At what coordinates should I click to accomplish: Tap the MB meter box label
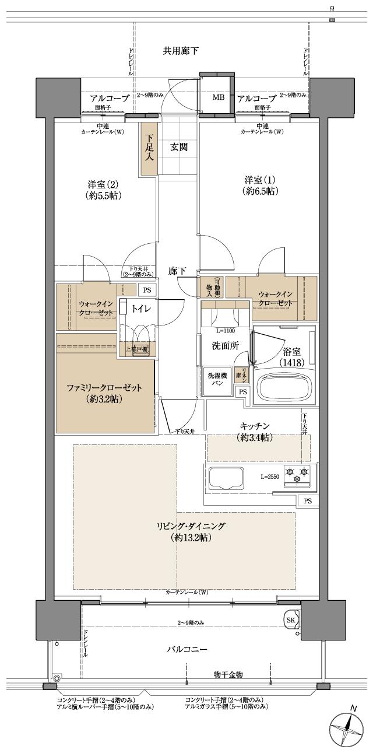click(218, 97)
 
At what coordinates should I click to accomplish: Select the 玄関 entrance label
click(179, 147)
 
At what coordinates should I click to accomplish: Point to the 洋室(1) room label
click(259, 185)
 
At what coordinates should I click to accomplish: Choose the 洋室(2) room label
click(102, 190)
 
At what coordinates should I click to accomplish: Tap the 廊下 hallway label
click(177, 271)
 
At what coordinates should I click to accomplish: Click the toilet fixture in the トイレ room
click(124, 309)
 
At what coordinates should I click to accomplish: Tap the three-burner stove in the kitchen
click(297, 474)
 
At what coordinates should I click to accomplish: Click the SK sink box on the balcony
click(290, 619)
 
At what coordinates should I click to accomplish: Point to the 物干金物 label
click(228, 674)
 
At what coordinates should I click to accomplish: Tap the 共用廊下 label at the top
click(180, 51)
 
